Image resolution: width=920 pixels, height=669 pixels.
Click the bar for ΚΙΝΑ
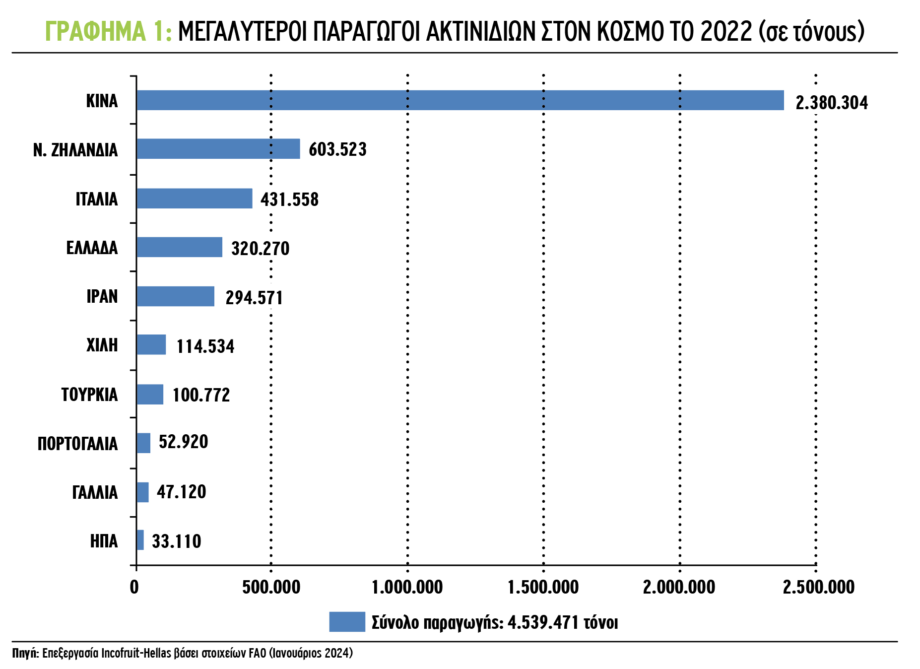(460, 100)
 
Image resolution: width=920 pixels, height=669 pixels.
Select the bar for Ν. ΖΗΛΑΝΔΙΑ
(218, 149)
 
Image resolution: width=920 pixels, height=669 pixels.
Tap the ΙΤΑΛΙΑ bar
(195, 199)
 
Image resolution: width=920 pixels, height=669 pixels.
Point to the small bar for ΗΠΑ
(140, 540)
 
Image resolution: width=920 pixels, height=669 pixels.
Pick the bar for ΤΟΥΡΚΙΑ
(150, 395)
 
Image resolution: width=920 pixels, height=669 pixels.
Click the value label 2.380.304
(832, 103)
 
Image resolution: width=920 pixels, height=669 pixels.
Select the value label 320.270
(260, 248)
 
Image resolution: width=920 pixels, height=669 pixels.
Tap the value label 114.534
(205, 346)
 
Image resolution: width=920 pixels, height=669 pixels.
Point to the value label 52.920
(183, 442)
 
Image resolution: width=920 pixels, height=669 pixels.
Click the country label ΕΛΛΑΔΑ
(92, 248)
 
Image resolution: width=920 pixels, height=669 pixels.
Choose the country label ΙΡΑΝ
(102, 296)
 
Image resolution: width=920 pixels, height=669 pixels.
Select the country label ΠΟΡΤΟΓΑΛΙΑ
(78, 444)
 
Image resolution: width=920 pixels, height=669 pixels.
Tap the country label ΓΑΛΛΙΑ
(95, 492)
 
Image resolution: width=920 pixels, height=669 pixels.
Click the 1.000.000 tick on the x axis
(407, 587)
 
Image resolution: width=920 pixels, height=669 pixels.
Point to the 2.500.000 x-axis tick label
(819, 587)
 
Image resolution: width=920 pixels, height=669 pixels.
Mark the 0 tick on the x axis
(134, 587)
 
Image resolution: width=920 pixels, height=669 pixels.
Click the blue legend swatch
(347, 622)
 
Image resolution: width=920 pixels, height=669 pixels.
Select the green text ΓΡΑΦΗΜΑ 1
(108, 31)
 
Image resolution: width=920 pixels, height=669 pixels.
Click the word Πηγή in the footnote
(25, 653)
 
